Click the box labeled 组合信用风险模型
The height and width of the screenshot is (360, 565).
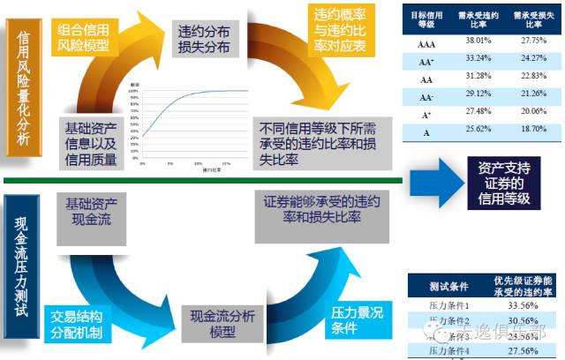[x=87, y=33]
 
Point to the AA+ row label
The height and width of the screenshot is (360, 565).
[x=425, y=62]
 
